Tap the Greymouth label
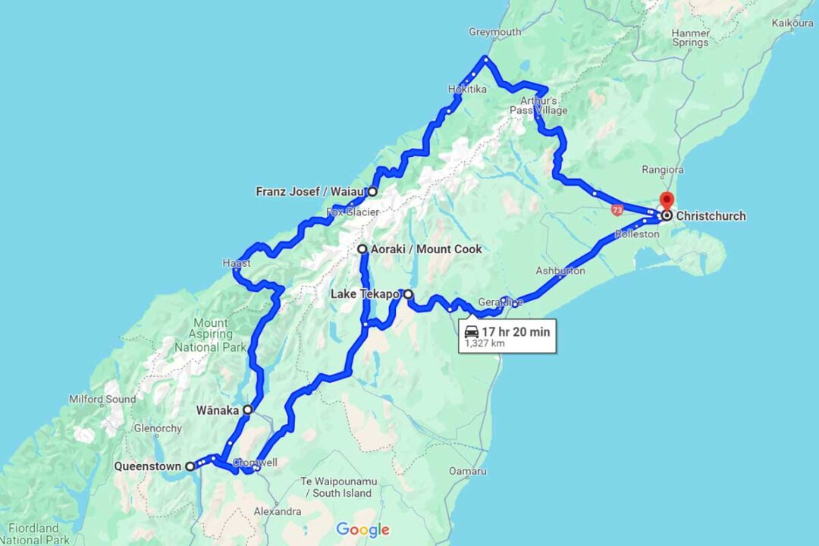click(494, 32)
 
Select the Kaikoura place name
click(792, 23)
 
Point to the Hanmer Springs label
click(690, 37)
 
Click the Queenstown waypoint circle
click(190, 467)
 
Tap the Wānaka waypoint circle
click(248, 409)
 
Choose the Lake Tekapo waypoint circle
click(408, 294)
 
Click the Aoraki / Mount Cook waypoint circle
click(362, 249)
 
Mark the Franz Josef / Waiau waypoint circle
click(372, 192)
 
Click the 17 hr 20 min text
click(516, 331)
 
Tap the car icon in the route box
click(472, 331)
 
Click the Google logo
click(362, 529)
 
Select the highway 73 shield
click(618, 209)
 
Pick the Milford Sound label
click(102, 399)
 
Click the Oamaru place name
click(468, 471)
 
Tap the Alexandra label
click(278, 512)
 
